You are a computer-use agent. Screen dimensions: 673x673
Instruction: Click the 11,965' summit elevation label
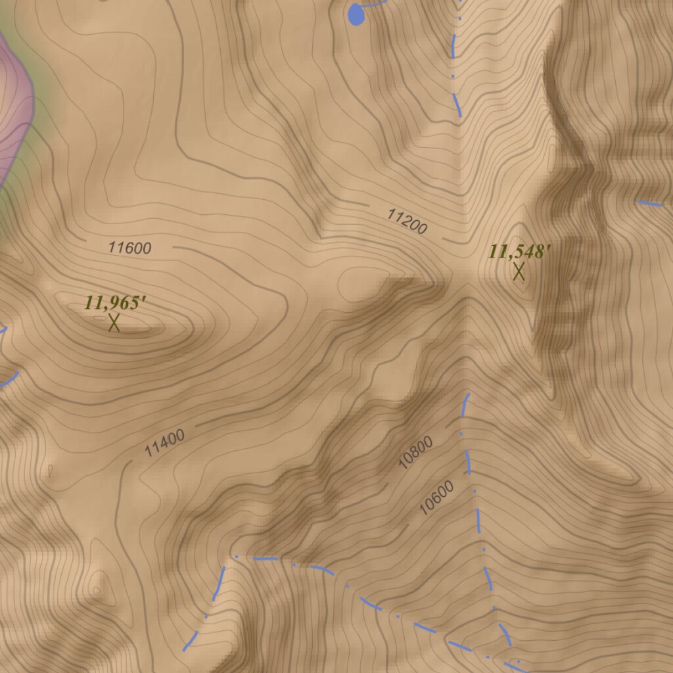point(114,303)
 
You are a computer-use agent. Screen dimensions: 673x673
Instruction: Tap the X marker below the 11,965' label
point(114,322)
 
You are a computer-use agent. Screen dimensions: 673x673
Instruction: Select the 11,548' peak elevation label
point(519,252)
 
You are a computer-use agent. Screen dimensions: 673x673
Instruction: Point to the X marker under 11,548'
point(519,271)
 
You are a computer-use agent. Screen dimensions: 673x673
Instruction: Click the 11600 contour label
point(130,248)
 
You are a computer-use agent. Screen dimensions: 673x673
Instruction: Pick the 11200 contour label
point(407,221)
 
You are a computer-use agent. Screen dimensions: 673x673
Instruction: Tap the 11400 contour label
point(164,442)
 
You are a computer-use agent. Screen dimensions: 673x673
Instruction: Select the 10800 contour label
point(416,453)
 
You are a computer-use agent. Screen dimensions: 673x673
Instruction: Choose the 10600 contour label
point(436,498)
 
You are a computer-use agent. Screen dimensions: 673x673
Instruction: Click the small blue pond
point(355,14)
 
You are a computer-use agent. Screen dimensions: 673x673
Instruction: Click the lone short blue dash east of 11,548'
point(650,203)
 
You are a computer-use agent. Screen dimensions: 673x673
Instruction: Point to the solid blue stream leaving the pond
point(373,4)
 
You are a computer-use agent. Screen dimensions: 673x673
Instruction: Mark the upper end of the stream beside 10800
point(468,396)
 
